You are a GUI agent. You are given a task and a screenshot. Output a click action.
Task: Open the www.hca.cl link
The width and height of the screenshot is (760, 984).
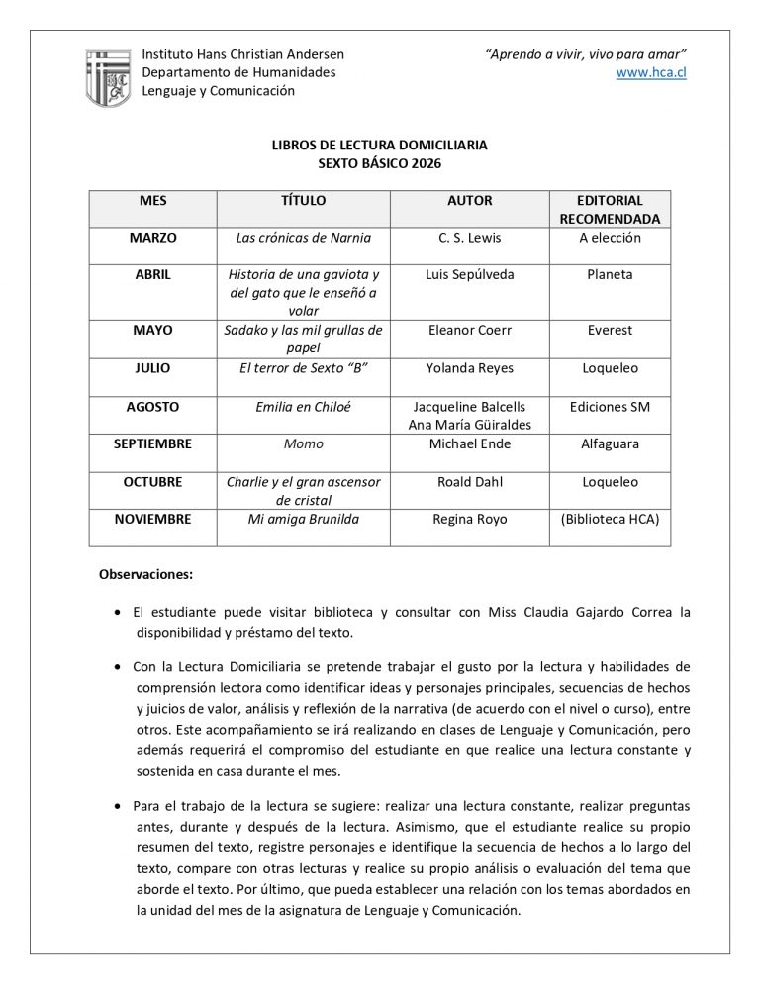(x=651, y=72)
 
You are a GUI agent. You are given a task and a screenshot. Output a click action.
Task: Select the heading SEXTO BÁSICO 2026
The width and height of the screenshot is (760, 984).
(x=379, y=163)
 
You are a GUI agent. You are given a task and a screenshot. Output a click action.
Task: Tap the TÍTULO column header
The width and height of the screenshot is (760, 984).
(x=303, y=200)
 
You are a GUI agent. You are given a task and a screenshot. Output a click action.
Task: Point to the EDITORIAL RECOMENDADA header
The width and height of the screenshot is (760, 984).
(x=609, y=209)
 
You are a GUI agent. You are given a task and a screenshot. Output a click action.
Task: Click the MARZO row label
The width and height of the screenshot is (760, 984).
(x=152, y=238)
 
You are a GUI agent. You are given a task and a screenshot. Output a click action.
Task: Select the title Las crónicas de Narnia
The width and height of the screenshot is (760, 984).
(x=303, y=238)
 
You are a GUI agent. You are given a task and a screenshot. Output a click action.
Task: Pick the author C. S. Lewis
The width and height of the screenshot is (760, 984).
(x=469, y=238)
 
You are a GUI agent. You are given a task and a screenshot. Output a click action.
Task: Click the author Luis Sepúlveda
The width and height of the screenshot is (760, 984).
(x=469, y=274)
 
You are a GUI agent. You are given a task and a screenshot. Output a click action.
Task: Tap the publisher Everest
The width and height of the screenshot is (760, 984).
(x=609, y=330)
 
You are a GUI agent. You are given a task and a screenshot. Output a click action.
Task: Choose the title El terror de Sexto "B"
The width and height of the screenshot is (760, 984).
(x=303, y=368)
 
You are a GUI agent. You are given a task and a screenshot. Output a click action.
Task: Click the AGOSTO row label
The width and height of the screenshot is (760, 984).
(x=152, y=406)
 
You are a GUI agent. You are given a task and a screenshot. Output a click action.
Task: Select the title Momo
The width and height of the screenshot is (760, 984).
(x=303, y=444)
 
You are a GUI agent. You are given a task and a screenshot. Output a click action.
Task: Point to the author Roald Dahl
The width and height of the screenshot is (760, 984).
(x=469, y=482)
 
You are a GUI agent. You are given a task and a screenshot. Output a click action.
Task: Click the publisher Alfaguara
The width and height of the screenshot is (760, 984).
(x=609, y=444)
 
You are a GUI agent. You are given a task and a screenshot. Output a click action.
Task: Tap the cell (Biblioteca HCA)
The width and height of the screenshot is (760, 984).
(x=609, y=519)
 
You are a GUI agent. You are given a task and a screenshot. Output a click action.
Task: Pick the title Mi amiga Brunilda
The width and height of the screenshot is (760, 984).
(x=303, y=519)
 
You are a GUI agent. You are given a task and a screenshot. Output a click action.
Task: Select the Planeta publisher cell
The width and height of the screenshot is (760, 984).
(x=609, y=274)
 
